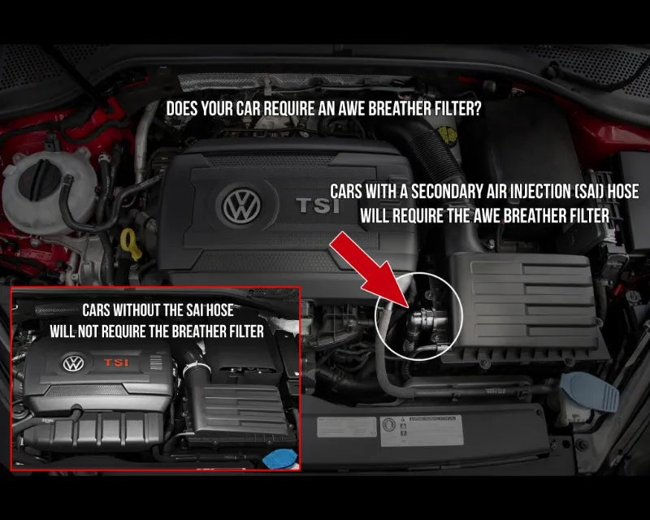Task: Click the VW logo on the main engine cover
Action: pyautogui.click(x=241, y=206)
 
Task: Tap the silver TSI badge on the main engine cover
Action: pyautogui.click(x=318, y=206)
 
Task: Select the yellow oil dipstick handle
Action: pyautogui.click(x=130, y=244)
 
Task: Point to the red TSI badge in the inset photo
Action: pyautogui.click(x=116, y=362)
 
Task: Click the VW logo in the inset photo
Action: pyautogui.click(x=73, y=363)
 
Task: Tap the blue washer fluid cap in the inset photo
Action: pyautogui.click(x=280, y=458)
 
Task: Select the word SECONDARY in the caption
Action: pyautogui.click(x=445, y=192)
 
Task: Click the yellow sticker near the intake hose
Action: pyautogui.click(x=447, y=133)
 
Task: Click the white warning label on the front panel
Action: pyautogui.click(x=421, y=431)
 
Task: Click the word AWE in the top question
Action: pyautogui.click(x=352, y=109)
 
